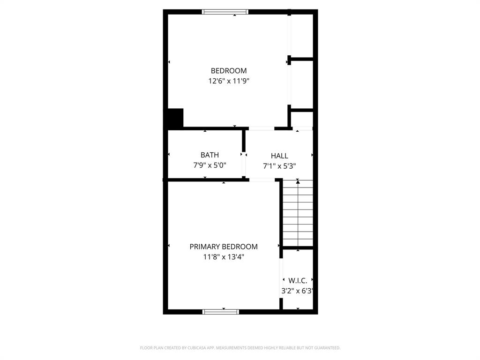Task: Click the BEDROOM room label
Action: pos(228,71)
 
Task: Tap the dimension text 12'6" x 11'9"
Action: pos(228,81)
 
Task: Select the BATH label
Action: pos(210,155)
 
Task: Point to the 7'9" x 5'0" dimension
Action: pos(210,165)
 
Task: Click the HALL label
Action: pos(279,156)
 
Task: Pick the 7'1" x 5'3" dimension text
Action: pos(279,165)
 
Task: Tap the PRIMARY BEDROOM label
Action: pos(224,247)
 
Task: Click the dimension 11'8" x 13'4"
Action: pos(224,256)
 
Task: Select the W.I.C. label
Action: pos(298,281)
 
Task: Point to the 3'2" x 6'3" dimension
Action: pos(297,291)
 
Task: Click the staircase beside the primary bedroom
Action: pos(298,213)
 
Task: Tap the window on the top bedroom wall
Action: pos(225,12)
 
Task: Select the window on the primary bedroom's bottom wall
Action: pos(221,311)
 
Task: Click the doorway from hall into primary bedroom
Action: pos(262,180)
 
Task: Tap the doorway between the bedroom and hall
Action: pos(261,128)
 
